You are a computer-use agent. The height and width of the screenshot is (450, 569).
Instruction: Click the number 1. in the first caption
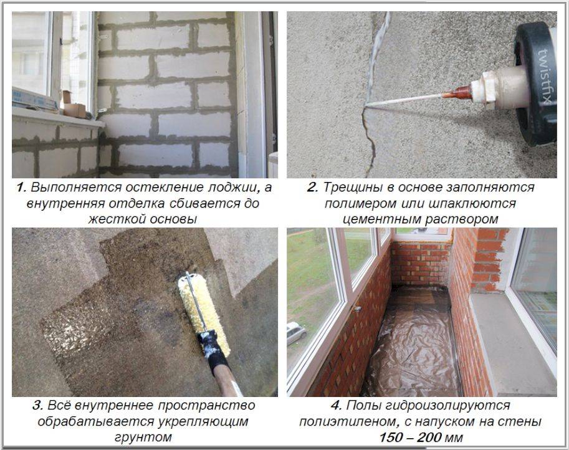pyautogui.click(x=21, y=188)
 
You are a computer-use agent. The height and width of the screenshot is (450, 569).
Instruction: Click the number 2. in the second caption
pyautogui.click(x=312, y=188)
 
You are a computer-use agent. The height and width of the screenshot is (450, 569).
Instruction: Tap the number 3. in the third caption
pyautogui.click(x=38, y=405)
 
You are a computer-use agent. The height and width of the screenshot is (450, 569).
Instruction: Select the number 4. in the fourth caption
pyautogui.click(x=337, y=405)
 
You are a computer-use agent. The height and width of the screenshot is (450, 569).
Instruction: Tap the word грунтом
pyautogui.click(x=143, y=438)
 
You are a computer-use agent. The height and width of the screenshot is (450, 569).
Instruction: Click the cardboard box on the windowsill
pyautogui.click(x=75, y=110)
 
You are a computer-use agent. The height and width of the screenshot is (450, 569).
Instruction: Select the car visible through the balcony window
pyautogui.click(x=297, y=333)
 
